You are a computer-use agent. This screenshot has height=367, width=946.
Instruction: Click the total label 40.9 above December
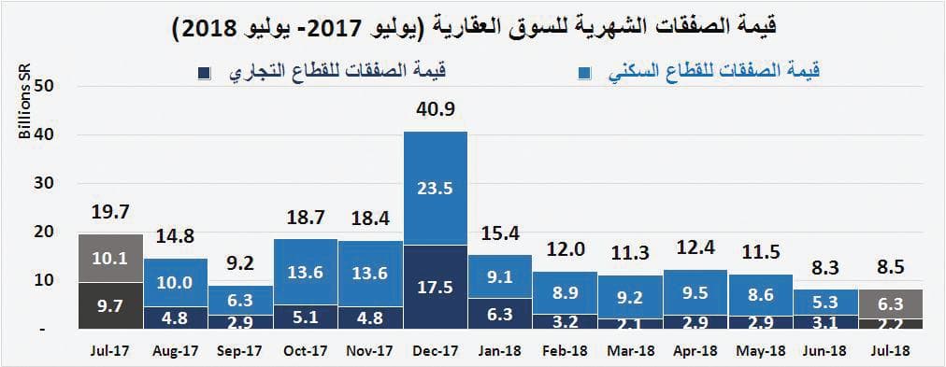point(436,110)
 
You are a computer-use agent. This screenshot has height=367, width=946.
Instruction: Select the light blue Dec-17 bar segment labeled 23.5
point(436,188)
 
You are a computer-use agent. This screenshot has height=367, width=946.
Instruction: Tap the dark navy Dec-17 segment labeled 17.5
point(436,287)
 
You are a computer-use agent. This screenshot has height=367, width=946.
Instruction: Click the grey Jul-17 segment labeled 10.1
point(110,258)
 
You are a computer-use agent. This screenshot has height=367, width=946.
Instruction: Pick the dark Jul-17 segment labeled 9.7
point(110,305)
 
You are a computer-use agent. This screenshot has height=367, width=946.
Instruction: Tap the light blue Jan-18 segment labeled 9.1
point(500,276)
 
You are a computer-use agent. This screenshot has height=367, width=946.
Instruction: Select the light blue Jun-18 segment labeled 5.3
point(825,301)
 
